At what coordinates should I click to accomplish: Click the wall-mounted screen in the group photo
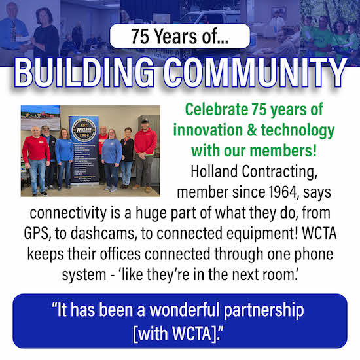(40, 117)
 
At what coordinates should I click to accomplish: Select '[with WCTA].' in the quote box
(178, 333)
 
